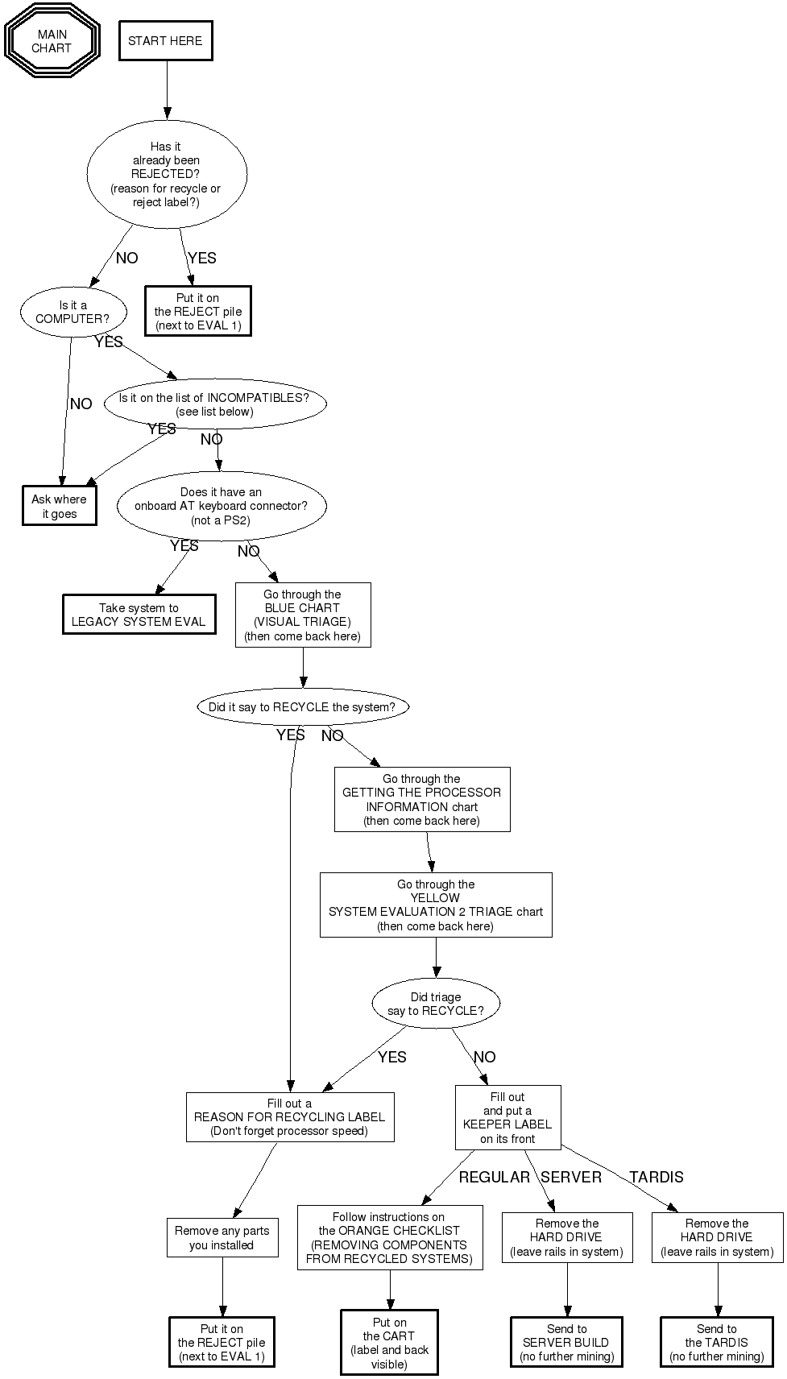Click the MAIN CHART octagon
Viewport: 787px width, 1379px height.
pyautogui.click(x=52, y=41)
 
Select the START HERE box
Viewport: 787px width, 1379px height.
pyautogui.click(x=165, y=41)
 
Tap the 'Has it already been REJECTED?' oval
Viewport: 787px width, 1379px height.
pyautogui.click(x=166, y=174)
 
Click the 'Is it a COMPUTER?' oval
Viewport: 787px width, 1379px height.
pyautogui.click(x=72, y=312)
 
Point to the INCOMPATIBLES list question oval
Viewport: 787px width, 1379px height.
pyautogui.click(x=214, y=404)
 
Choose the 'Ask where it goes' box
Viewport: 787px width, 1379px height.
pyautogui.click(x=60, y=507)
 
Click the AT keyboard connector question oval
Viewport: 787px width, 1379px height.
pyautogui.click(x=221, y=506)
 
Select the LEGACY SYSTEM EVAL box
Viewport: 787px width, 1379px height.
pyautogui.click(x=139, y=615)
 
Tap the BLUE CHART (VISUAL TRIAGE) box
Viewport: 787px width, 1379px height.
pyautogui.click(x=303, y=615)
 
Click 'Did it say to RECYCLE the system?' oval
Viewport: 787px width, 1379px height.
pyautogui.click(x=302, y=707)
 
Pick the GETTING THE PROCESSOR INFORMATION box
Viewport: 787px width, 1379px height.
pyautogui.click(x=422, y=799)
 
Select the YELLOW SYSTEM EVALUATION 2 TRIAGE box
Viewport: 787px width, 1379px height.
pyautogui.click(x=436, y=905)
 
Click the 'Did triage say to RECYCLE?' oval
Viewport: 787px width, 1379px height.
pyautogui.click(x=436, y=1004)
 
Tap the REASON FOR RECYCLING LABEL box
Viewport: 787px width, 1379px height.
pyautogui.click(x=290, y=1117)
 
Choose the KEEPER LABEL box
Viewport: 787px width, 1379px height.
pyautogui.click(x=507, y=1117)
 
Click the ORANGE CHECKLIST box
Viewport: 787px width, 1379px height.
pyautogui.click(x=390, y=1237)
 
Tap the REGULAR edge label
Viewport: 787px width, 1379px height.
pyautogui.click(x=495, y=1177)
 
